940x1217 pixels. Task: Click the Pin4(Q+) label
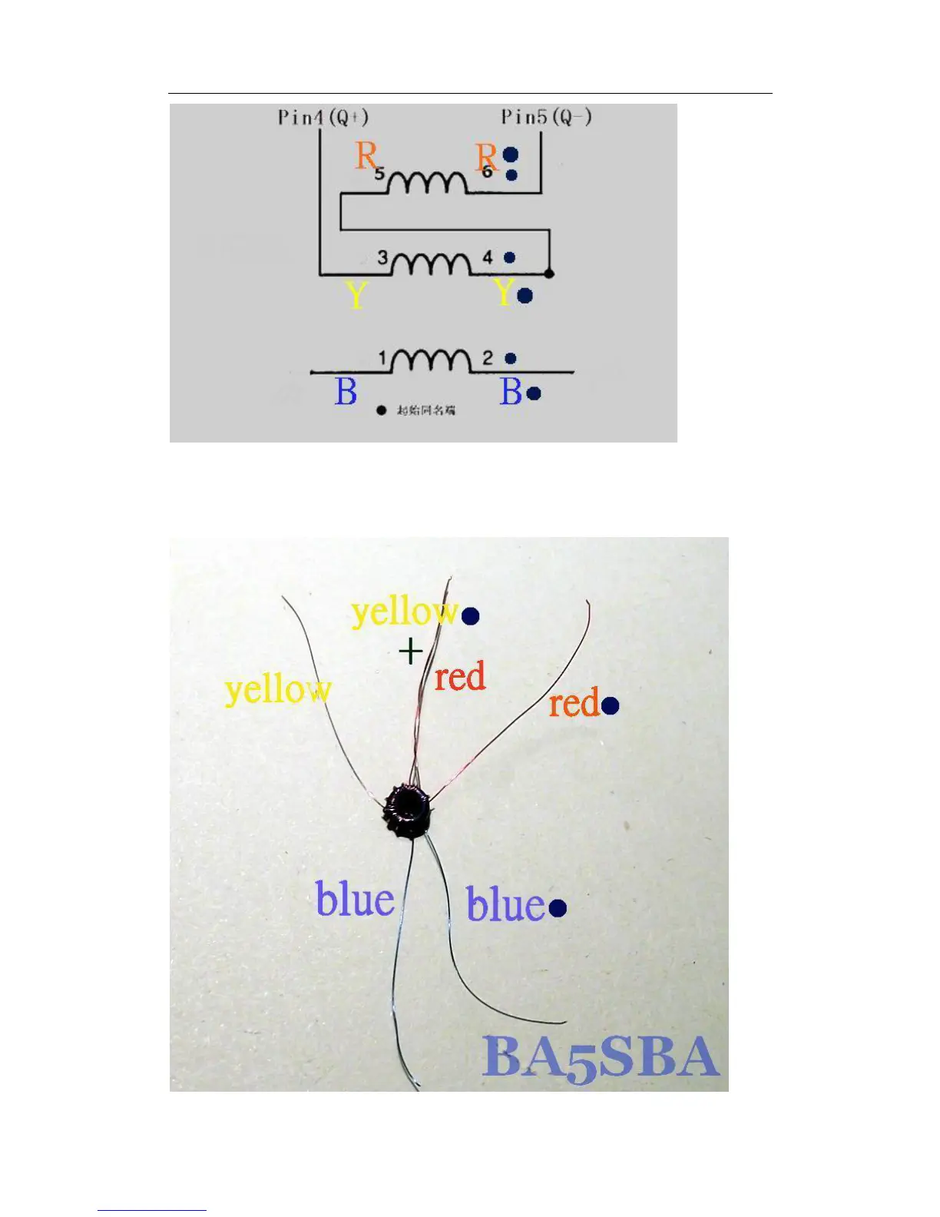click(x=323, y=118)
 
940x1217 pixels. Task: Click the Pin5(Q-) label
click(x=546, y=117)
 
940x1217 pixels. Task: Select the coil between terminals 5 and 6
click(x=427, y=183)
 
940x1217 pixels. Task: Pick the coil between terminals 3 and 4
click(x=431, y=264)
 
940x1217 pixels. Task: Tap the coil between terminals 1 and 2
click(x=431, y=360)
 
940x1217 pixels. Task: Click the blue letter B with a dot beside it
click(x=511, y=392)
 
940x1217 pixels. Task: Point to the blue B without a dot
click(x=346, y=392)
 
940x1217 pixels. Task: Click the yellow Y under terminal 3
click(x=356, y=295)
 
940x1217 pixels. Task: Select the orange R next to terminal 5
click(x=366, y=156)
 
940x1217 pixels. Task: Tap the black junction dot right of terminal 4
click(x=549, y=273)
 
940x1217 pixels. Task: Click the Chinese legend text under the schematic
click(x=425, y=410)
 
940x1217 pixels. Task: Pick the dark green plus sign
click(x=411, y=652)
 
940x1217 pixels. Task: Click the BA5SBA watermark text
click(x=601, y=1057)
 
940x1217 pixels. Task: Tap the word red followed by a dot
click(x=574, y=704)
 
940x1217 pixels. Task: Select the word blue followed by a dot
click(x=505, y=904)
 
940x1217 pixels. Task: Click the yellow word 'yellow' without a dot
click(x=278, y=689)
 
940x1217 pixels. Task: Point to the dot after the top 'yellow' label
click(x=470, y=615)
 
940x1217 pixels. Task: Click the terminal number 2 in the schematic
click(x=488, y=357)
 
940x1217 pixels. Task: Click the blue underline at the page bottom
click(x=151, y=1210)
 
